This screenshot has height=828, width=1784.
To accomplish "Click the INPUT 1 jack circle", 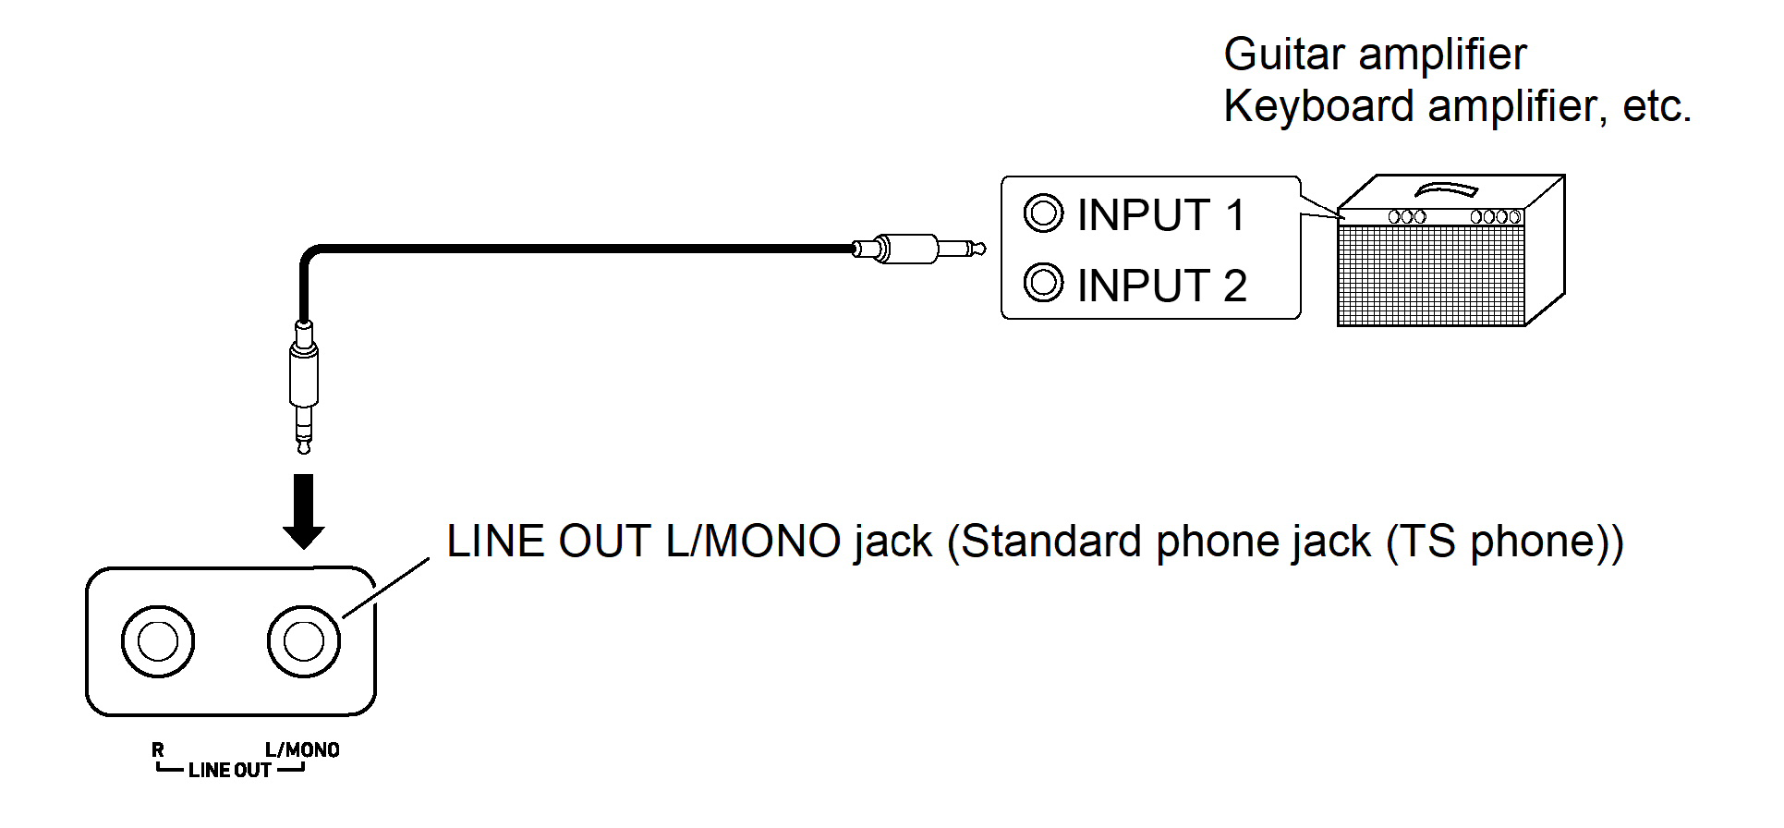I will [x=1043, y=213].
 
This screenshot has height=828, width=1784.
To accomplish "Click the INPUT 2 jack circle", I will [x=1043, y=283].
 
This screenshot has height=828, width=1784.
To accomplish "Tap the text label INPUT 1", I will [x=1161, y=215].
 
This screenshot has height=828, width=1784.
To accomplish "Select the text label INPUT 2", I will [x=1161, y=286].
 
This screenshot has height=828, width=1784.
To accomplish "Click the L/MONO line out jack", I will [x=304, y=641].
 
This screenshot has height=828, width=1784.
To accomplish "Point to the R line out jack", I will [x=158, y=641].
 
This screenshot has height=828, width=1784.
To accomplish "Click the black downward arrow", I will [x=303, y=511].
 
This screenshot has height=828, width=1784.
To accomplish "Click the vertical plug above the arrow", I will [x=304, y=384].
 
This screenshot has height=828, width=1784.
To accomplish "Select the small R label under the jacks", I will [x=158, y=750].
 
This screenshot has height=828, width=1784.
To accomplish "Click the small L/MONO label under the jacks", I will [x=302, y=750].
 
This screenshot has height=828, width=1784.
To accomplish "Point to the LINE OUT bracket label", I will [x=229, y=771].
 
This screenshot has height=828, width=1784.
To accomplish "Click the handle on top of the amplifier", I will [x=1446, y=189].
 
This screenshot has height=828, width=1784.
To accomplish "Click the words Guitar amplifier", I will [x=1375, y=55].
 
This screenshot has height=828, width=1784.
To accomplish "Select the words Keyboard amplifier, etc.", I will [x=1456, y=106].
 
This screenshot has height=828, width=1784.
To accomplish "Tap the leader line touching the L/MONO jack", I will [x=386, y=588].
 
